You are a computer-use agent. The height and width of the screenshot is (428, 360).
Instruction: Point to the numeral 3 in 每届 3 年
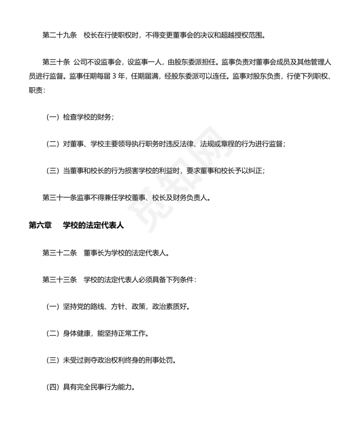point(114,77)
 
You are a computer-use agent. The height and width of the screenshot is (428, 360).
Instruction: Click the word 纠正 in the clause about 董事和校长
point(255,171)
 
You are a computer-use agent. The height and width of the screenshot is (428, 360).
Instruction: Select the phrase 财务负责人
point(190,198)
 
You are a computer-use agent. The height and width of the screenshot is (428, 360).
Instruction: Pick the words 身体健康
point(76,333)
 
